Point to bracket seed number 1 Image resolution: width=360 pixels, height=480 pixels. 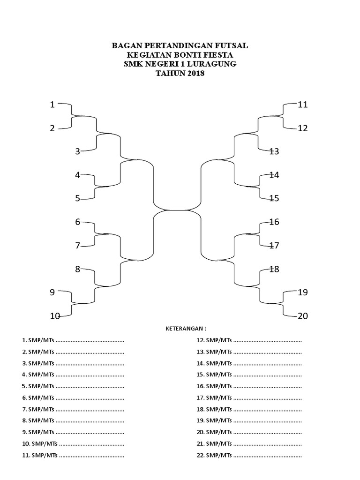(x=53, y=105)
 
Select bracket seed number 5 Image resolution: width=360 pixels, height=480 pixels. (x=78, y=198)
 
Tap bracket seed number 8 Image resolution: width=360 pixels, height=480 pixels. (x=78, y=269)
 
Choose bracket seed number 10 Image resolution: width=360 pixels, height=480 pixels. (x=55, y=316)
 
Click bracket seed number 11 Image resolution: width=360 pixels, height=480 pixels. (x=303, y=105)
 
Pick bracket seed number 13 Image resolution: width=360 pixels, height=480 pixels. (x=274, y=151)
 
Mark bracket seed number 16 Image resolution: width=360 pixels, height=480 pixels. (x=274, y=222)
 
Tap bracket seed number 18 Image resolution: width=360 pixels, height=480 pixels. (x=274, y=269)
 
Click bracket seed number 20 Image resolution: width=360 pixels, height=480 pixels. (x=303, y=316)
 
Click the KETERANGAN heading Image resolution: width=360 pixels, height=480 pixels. (x=186, y=329)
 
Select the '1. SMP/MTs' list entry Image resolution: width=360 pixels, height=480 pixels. (x=37, y=340)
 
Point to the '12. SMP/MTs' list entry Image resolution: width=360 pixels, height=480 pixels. (x=214, y=340)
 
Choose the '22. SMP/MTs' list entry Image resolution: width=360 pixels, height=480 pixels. (x=214, y=455)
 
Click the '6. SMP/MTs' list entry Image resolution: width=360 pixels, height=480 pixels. (x=37, y=397)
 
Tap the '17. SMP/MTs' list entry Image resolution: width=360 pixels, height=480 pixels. (x=214, y=397)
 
